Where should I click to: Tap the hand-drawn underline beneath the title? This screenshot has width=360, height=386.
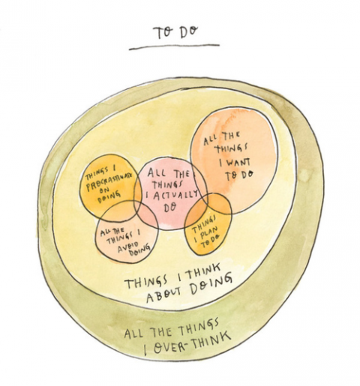(x=174, y=47)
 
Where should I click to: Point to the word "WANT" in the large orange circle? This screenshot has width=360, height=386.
(x=235, y=163)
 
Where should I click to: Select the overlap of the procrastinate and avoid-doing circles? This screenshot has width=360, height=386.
(x=118, y=212)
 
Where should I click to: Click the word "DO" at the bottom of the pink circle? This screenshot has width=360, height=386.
(x=170, y=208)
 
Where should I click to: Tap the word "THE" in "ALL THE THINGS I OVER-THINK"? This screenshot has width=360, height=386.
(x=163, y=331)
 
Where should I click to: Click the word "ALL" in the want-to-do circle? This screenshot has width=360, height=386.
(x=209, y=141)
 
